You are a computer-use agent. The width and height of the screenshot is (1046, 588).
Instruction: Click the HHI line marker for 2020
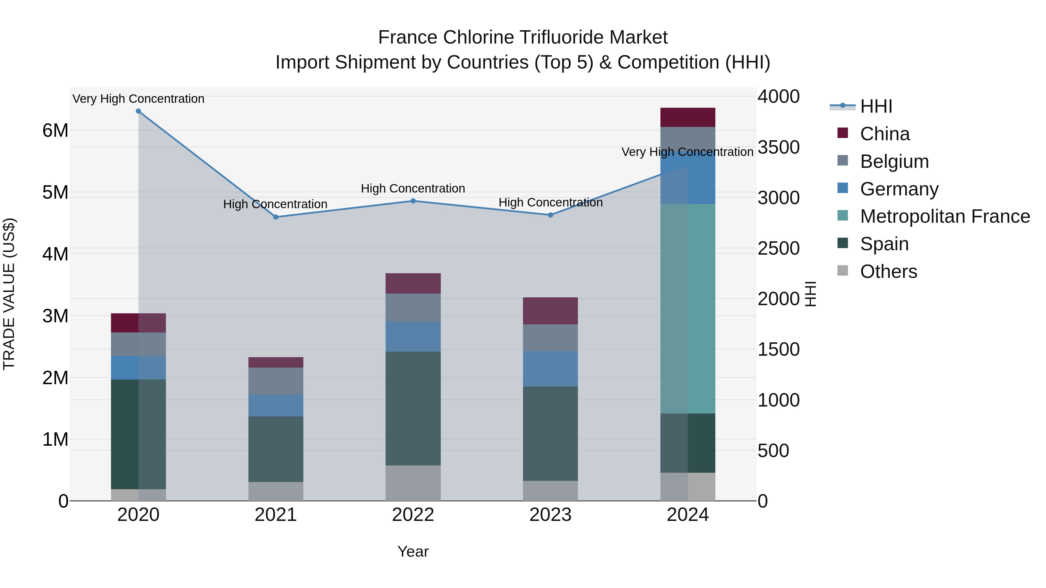point(139,111)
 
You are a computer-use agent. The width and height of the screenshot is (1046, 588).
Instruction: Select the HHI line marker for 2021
point(276,217)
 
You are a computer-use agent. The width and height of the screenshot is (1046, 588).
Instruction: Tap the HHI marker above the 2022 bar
point(413,201)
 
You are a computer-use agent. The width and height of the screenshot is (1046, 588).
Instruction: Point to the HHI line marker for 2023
point(551,215)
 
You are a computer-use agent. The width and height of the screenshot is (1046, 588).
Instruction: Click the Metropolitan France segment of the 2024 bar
point(687,308)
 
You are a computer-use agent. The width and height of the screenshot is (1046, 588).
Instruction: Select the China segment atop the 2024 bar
point(687,117)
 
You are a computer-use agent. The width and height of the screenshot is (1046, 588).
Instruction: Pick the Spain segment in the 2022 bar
point(413,408)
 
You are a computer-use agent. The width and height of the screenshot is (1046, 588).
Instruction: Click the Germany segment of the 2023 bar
point(550,368)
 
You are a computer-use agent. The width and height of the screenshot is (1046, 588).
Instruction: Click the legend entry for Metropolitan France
point(945,216)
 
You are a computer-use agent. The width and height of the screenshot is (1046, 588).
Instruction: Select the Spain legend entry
point(884,244)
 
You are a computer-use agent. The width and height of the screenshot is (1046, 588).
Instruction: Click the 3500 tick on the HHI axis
point(778,147)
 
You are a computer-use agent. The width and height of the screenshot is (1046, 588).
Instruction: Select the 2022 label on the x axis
point(413,515)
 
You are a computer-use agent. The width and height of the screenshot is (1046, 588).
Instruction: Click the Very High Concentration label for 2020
point(139,99)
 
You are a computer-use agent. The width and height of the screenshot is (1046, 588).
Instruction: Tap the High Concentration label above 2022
point(413,189)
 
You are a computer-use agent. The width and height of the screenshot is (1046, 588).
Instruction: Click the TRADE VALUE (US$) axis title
point(9,294)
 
